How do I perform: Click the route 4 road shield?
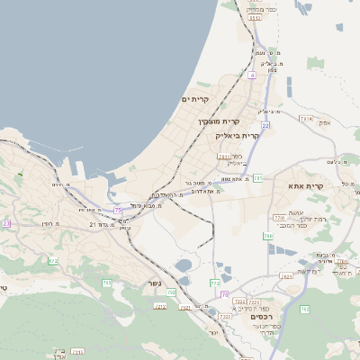click(x=253, y=76)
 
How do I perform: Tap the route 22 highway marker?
click(x=265, y=125)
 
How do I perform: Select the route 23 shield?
click(x=6, y=223)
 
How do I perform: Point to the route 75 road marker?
click(x=118, y=210)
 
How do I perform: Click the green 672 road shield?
click(x=52, y=261)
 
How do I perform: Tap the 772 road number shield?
click(x=215, y=283)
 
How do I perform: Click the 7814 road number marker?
click(x=306, y=118)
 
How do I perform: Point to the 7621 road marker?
click(x=286, y=276)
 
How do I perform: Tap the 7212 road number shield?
click(x=161, y=306)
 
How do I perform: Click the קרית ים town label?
click(x=195, y=98)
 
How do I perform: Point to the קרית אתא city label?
click(x=306, y=185)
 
